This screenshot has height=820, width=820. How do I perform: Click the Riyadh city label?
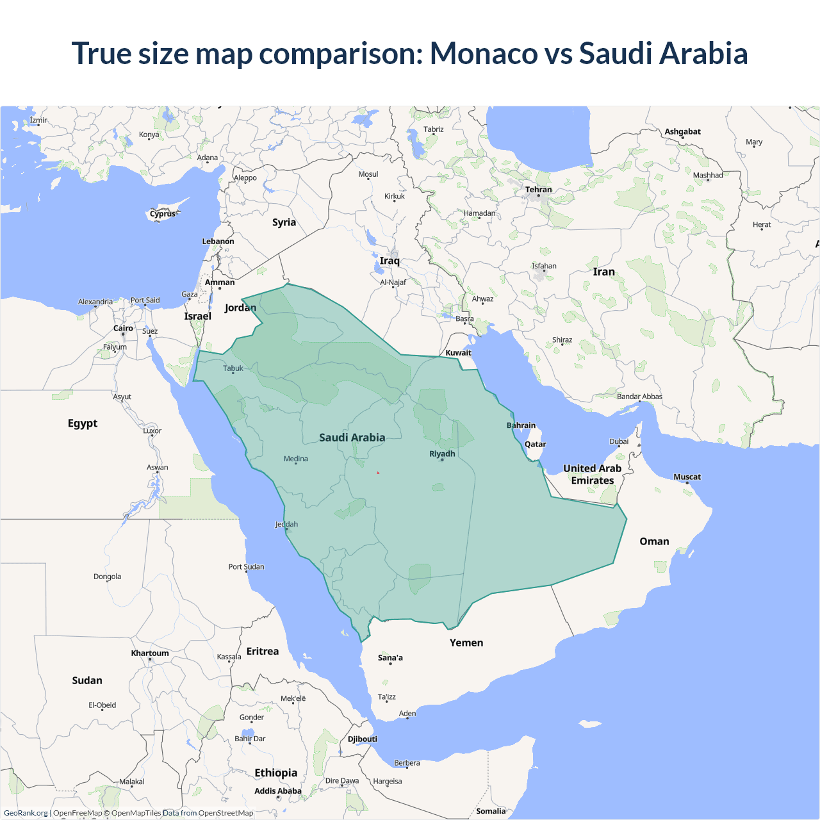coord(442,454)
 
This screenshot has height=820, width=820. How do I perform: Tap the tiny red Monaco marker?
coord(378,473)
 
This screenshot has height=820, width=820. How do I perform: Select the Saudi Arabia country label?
coord(352,438)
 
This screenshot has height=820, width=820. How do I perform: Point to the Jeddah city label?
coord(286,524)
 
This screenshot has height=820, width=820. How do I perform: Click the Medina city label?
coord(295,459)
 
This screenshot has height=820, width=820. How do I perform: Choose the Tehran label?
coord(538,190)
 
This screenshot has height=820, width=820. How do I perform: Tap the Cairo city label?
coord(123,328)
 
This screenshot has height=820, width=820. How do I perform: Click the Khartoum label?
coord(150,653)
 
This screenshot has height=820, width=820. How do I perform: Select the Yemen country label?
coord(466,643)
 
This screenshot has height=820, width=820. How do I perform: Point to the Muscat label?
coord(687,477)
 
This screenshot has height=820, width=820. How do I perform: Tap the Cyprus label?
coord(163,214)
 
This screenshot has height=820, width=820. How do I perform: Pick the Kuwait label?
coord(458,352)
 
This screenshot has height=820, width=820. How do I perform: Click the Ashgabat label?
coord(682,131)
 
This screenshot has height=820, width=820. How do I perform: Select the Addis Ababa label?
coord(277,791)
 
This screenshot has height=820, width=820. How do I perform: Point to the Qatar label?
coord(535,444)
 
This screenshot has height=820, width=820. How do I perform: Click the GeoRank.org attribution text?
coord(26,813)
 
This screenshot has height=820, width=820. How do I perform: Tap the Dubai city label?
coord(619,441)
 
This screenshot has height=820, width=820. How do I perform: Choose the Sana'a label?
coord(390,657)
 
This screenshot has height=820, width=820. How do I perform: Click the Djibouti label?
coord(362,739)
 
